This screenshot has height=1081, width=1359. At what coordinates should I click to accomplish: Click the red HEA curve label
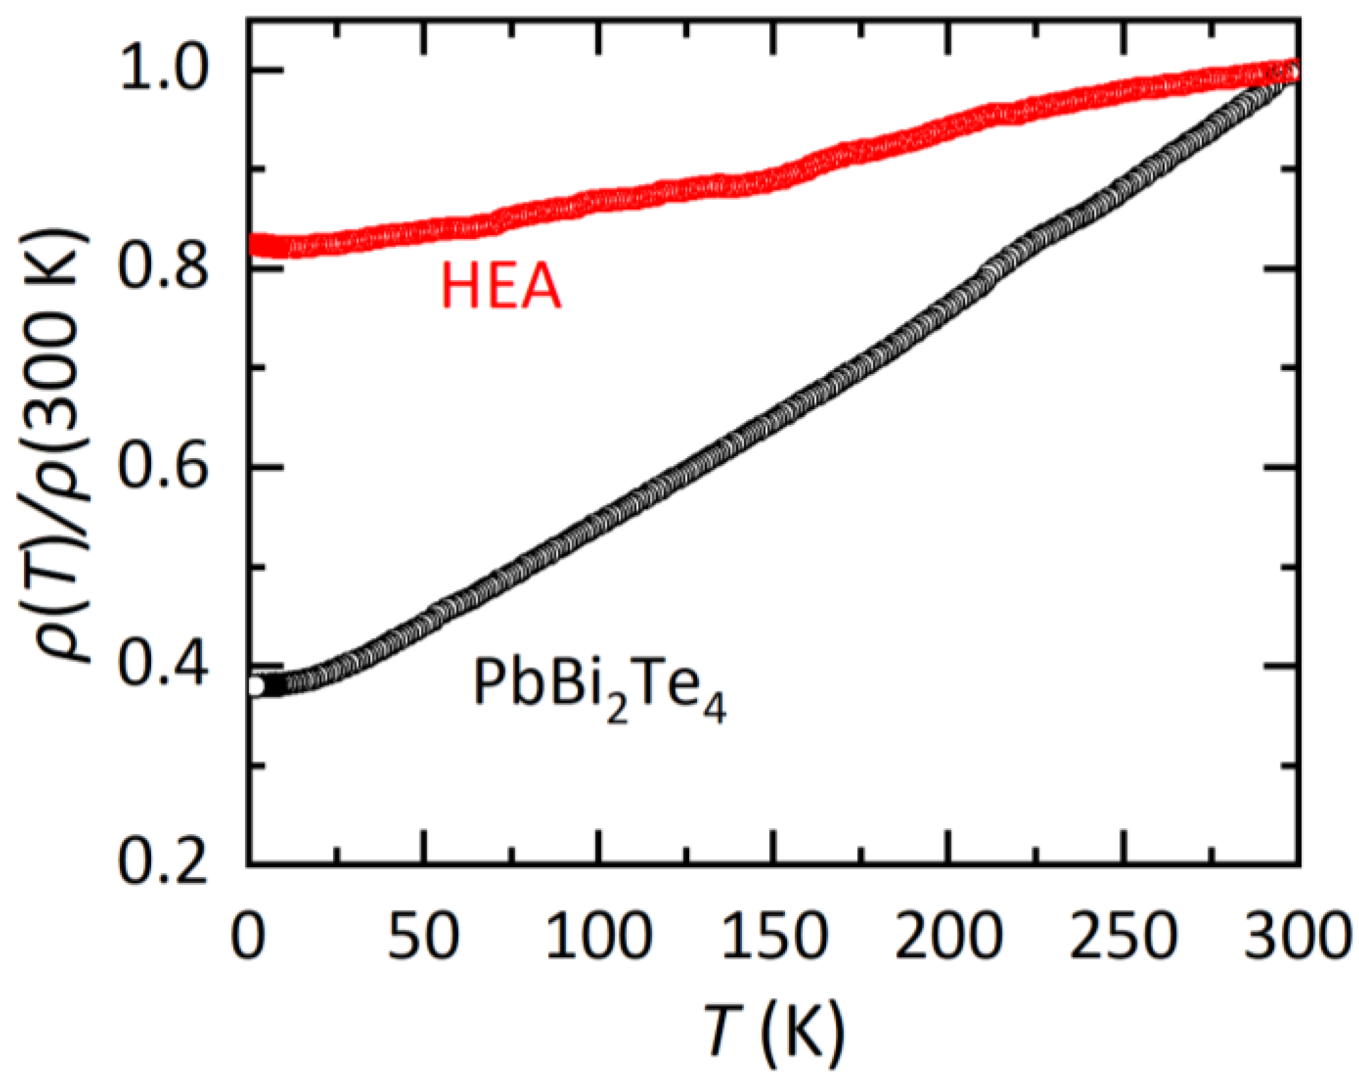tap(500, 286)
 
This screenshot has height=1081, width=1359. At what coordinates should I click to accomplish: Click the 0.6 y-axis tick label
tap(163, 467)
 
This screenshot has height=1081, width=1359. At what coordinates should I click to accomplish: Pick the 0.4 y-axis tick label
tap(163, 666)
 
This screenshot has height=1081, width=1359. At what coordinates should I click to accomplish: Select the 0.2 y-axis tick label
tap(163, 864)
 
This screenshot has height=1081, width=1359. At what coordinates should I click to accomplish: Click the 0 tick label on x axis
tap(248, 936)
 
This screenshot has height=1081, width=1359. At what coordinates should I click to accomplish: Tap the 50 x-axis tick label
tap(424, 936)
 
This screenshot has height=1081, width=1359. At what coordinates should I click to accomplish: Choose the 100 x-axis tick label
tap(599, 936)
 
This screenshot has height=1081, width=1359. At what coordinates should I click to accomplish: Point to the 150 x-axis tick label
tap(774, 936)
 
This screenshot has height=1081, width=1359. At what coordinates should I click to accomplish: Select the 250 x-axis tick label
tap(1124, 936)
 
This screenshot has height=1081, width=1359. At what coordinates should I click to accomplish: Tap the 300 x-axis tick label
tap(1296, 936)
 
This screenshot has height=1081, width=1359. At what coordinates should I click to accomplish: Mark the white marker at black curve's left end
tap(255, 687)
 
